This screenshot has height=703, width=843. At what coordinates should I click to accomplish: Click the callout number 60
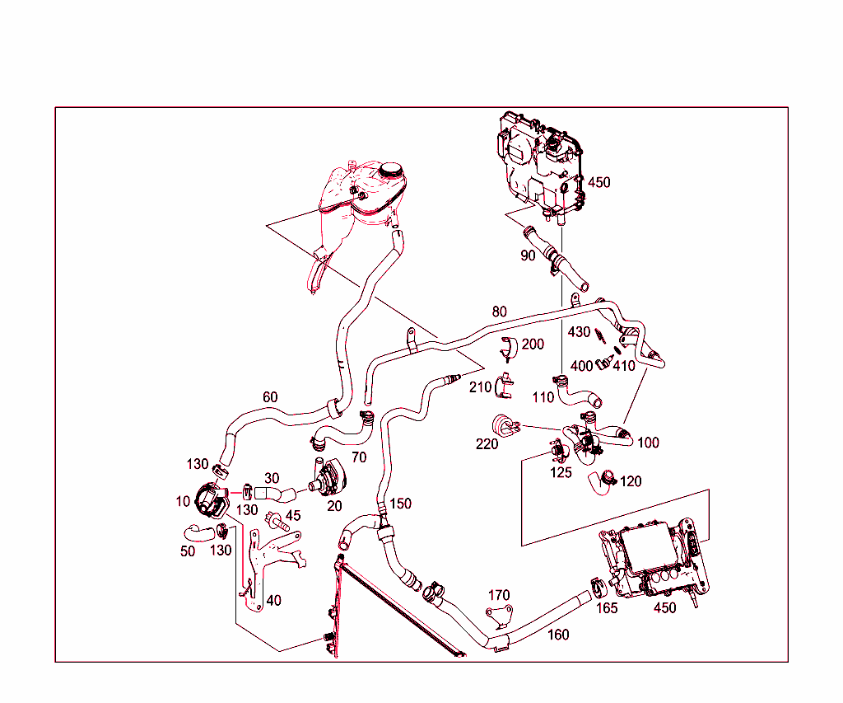(270, 397)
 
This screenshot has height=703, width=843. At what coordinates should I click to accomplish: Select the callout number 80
(500, 312)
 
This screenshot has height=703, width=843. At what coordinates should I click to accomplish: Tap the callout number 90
(528, 255)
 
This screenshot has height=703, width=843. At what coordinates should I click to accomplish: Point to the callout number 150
(401, 504)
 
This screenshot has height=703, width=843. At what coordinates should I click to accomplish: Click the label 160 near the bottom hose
(558, 635)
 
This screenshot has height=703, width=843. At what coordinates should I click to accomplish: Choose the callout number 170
(499, 595)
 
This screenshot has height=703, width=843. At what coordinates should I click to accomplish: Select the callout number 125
(561, 473)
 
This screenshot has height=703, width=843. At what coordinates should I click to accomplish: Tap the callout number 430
(580, 332)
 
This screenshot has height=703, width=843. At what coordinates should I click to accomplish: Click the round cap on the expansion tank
(389, 170)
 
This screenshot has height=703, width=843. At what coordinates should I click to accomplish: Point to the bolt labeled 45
(275, 521)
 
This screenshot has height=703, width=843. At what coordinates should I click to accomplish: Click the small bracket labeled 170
(499, 614)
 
